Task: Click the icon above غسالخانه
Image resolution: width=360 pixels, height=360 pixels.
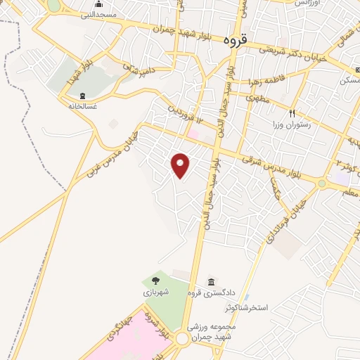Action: coord(83,96)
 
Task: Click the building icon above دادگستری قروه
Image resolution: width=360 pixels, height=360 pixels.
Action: coord(211,282)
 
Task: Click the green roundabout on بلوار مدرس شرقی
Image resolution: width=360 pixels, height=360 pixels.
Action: coord(321,184)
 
